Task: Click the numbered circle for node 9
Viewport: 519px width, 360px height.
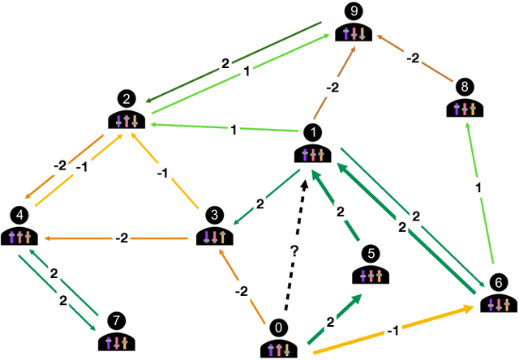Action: tap(353, 11)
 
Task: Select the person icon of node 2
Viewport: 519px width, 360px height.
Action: tap(127, 120)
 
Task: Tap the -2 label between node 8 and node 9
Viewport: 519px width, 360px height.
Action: tap(412, 58)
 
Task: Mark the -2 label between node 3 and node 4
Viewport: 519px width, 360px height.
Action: tap(122, 238)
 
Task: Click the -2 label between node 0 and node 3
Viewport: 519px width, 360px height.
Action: tap(242, 289)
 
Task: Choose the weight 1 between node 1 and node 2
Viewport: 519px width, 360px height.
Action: tap(233, 129)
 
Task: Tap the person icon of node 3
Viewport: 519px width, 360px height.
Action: tap(214, 237)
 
